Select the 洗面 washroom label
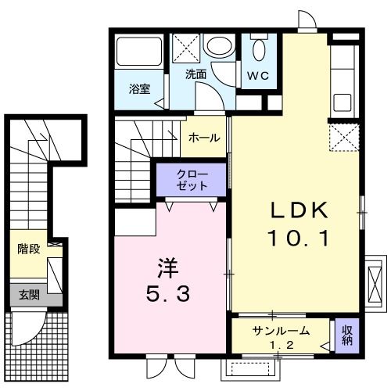(x=196, y=75)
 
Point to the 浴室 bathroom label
(x=138, y=89)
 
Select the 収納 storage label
(x=346, y=335)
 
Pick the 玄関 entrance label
(x=28, y=295)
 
